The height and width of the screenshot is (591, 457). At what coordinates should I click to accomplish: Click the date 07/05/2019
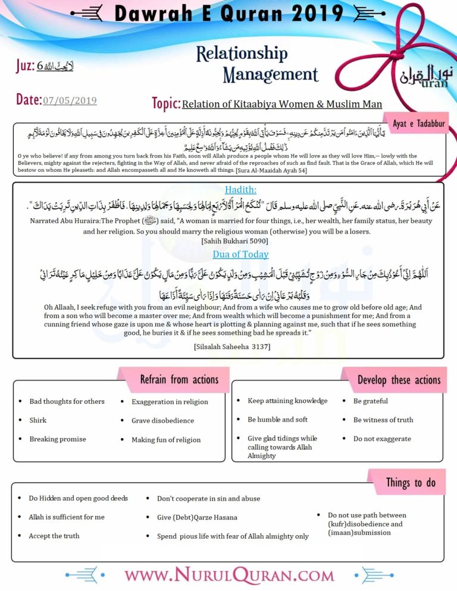pyautogui.click(x=70, y=100)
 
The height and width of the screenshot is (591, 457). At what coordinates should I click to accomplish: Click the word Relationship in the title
pyautogui.click(x=241, y=54)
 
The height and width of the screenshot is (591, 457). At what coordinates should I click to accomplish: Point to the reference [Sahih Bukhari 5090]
pyautogui.click(x=235, y=241)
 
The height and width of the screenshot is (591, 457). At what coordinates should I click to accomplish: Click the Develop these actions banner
pyautogui.click(x=398, y=379)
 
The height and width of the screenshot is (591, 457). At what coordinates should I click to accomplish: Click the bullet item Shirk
pyautogui.click(x=37, y=420)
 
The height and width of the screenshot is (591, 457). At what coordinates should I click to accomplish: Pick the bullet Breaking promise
pyautogui.click(x=58, y=439)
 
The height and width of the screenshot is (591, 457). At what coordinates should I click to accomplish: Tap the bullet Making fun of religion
pyautogui.click(x=166, y=440)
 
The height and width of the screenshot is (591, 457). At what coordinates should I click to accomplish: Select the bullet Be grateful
pyautogui.click(x=370, y=401)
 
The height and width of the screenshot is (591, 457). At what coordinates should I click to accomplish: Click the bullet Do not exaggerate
pyautogui.click(x=382, y=439)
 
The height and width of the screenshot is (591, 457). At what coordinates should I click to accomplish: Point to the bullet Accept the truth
pyautogui.click(x=54, y=536)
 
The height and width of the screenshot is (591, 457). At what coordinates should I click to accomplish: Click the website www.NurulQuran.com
pyautogui.click(x=228, y=576)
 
